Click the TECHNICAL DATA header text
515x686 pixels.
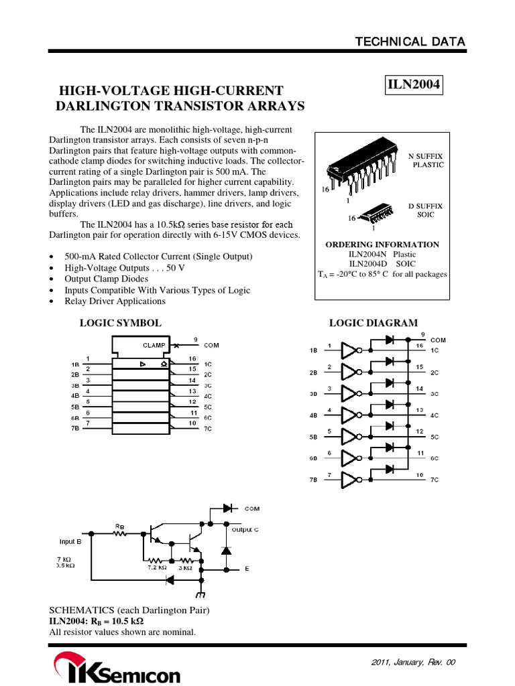coord(410,42)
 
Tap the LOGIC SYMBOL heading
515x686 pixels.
coord(121,323)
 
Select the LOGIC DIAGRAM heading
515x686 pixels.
coord(373,323)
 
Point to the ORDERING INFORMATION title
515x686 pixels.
coord(382,245)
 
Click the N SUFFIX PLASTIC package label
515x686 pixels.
coord(426,160)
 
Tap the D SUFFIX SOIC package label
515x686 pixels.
coord(426,210)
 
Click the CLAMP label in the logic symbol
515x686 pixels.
coord(154,345)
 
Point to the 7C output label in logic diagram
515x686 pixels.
coord(435,480)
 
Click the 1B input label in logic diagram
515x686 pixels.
coord(314,350)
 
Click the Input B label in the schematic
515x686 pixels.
coord(70,541)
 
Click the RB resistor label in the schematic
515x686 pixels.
coord(119,526)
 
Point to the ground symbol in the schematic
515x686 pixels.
coord(201,594)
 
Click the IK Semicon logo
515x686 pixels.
coord(117,669)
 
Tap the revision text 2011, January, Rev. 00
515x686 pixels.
coord(413,662)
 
